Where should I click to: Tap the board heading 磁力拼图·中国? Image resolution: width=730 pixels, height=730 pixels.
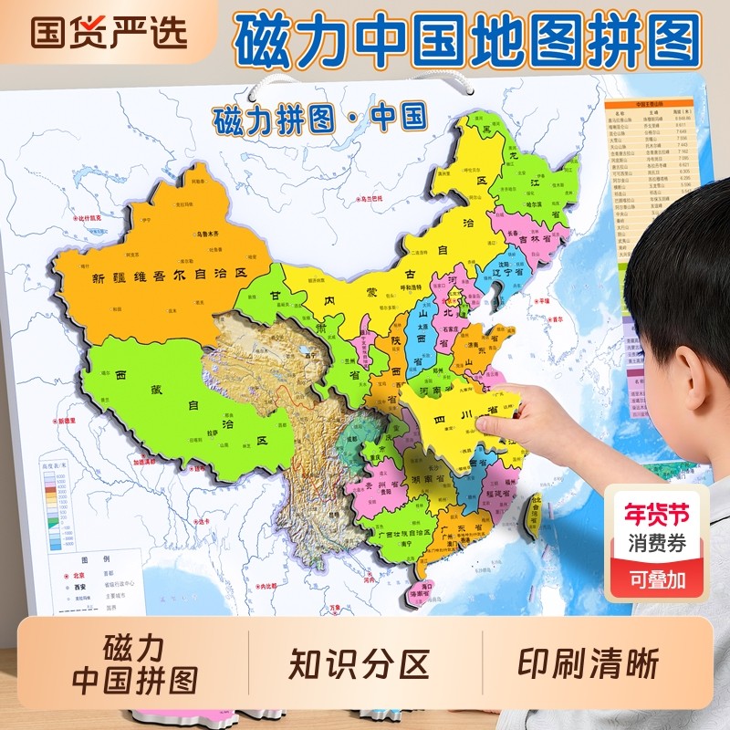[x=319, y=119]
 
